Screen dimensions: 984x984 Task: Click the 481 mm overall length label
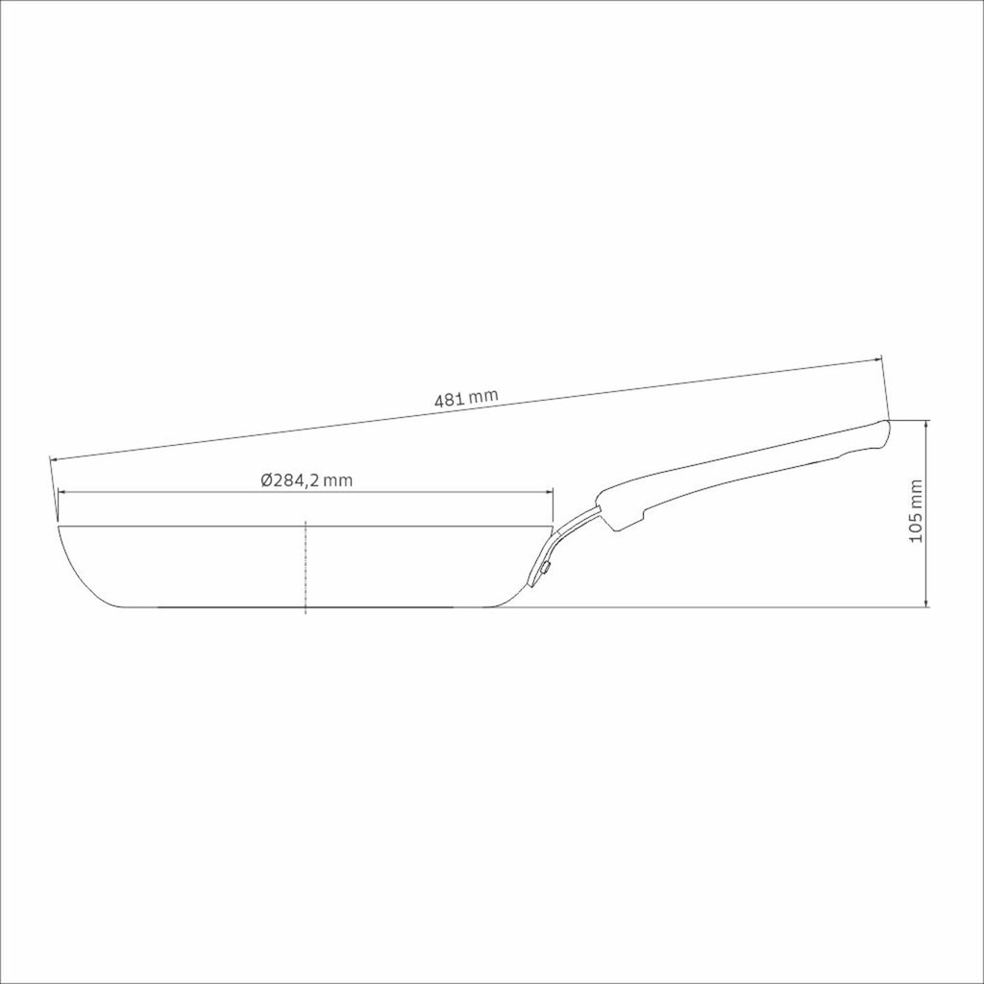[x=466, y=399]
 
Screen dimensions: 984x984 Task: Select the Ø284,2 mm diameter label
[x=307, y=480]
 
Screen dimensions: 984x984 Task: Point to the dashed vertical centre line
[x=305, y=567]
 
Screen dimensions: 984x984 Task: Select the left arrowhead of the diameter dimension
[x=61, y=493]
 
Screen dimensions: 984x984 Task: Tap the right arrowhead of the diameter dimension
[x=549, y=493]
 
